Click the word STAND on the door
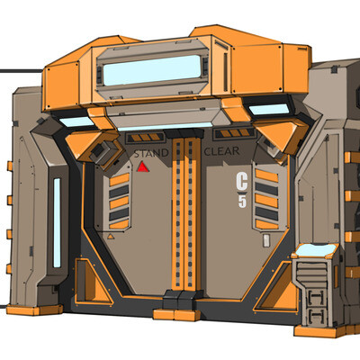[x=151, y=153]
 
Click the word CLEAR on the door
[x=221, y=151]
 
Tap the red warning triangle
[x=143, y=167]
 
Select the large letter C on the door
[x=242, y=182]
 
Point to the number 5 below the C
[x=242, y=202]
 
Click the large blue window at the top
[x=152, y=70]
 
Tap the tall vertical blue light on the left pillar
[x=57, y=222]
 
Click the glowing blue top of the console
[x=315, y=250]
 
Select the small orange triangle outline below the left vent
[x=111, y=237]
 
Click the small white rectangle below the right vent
[x=266, y=241]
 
